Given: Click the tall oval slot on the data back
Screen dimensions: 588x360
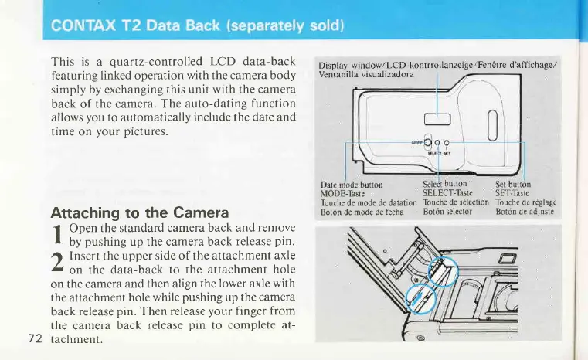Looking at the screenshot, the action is tap(492, 121).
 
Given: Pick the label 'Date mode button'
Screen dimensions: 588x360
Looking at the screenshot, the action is tap(352, 185).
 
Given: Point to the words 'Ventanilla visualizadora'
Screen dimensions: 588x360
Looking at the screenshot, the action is tap(360, 73).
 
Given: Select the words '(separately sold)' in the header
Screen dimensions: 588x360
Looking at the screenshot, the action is tap(261, 28).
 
